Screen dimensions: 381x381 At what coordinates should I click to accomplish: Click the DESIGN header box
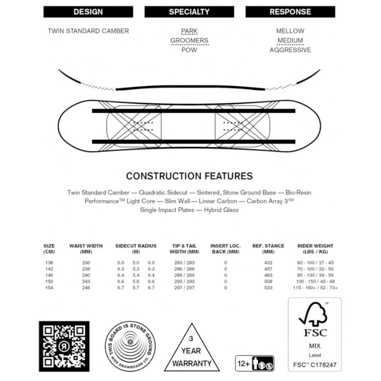88,12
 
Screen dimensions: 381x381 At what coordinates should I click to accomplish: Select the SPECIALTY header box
189,12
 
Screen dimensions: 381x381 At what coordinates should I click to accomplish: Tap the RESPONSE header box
290,12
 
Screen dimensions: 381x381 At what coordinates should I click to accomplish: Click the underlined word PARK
189,31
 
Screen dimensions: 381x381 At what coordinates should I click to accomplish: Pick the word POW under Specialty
189,50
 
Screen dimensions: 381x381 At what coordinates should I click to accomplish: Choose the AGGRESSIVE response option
290,50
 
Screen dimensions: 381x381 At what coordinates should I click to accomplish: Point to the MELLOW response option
290,31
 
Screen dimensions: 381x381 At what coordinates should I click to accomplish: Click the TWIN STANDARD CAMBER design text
88,31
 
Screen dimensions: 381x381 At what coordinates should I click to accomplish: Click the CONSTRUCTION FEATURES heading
189,176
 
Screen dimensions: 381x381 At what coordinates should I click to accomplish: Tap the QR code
64,346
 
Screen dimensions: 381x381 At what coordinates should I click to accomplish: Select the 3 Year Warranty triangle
191,349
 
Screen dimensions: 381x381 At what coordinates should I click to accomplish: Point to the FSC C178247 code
315,364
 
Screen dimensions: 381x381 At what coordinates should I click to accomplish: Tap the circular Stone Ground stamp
130,346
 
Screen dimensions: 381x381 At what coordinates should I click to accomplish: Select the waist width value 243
86,282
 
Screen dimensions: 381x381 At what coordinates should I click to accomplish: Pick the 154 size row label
49,288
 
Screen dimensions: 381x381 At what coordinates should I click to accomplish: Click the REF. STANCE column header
268,248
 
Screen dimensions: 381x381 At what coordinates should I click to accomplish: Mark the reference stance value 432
268,263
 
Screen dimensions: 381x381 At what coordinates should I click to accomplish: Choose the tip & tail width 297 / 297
184,288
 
